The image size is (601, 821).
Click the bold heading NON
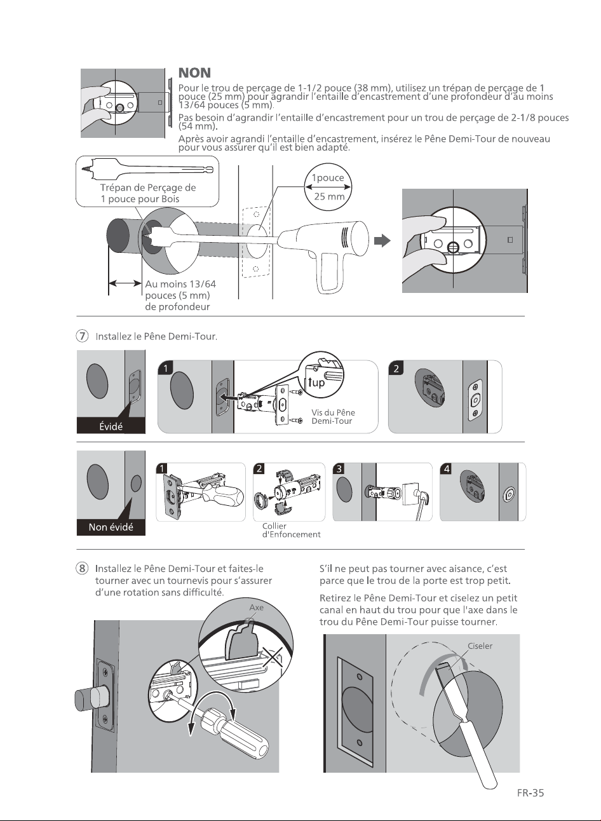(x=194, y=72)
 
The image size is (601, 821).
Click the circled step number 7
(x=82, y=336)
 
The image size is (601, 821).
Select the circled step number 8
(x=82, y=568)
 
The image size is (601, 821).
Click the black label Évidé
(x=111, y=426)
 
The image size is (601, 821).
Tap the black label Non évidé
(x=111, y=527)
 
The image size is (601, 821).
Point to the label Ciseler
(x=480, y=646)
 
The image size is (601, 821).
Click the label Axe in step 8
(x=256, y=607)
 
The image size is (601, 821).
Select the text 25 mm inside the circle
(x=329, y=196)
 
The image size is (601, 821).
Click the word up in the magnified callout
(x=318, y=383)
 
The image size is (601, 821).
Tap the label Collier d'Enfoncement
(x=291, y=530)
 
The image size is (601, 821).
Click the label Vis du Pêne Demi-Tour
(x=333, y=417)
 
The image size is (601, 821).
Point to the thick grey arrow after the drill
(x=382, y=241)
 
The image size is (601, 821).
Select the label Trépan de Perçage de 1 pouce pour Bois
(x=148, y=193)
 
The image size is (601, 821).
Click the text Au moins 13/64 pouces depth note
(x=180, y=295)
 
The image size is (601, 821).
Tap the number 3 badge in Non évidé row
(x=339, y=468)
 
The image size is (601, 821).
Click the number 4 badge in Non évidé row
(x=446, y=468)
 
